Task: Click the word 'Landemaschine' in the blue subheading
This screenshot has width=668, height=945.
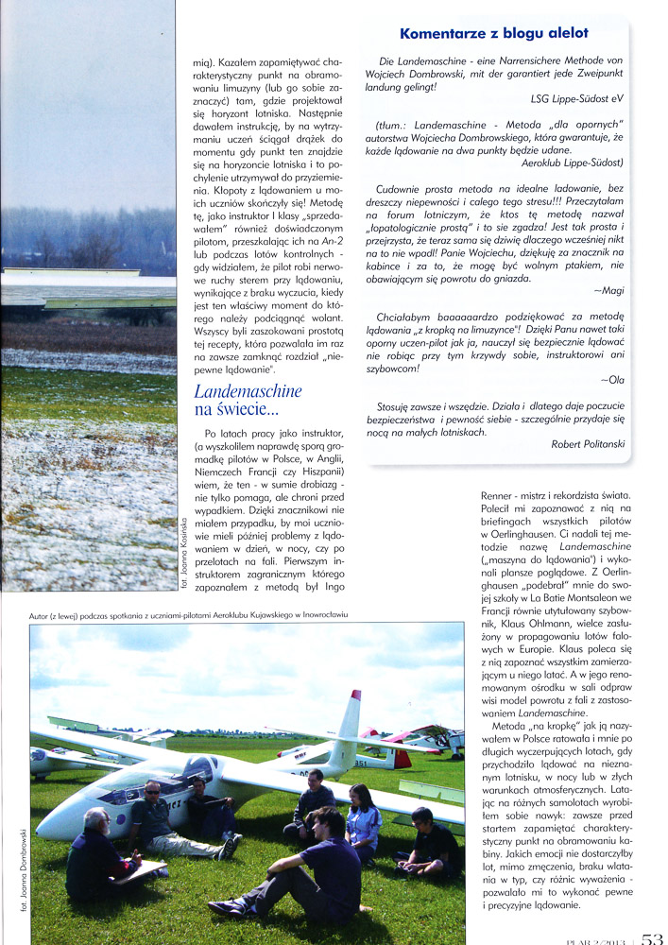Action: tap(248, 389)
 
